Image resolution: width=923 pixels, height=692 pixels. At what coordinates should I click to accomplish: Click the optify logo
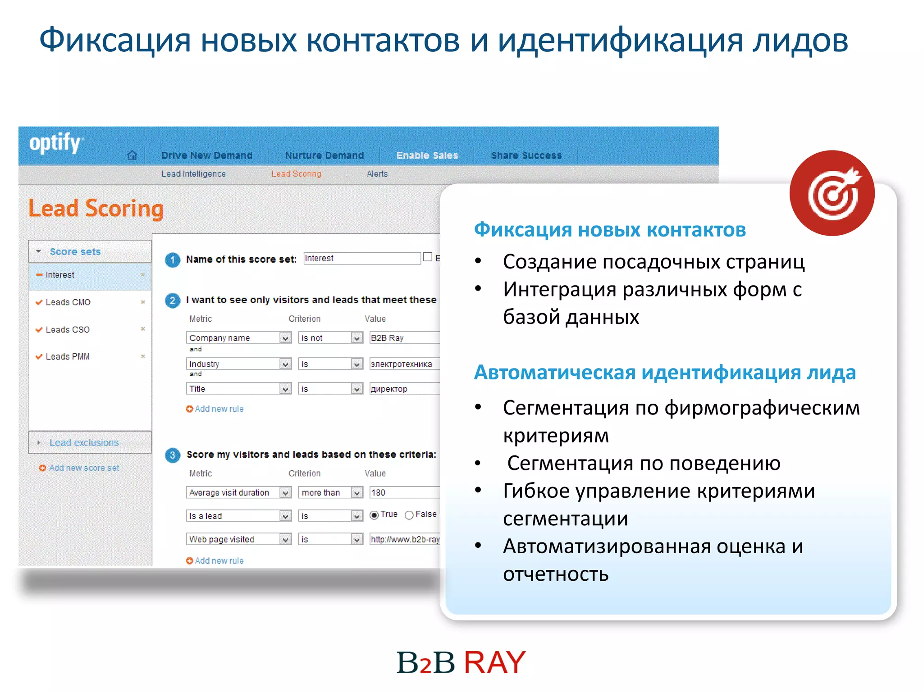point(55,143)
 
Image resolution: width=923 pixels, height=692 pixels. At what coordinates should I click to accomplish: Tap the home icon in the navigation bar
point(132,155)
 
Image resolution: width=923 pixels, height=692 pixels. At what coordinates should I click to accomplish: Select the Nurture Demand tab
point(324,155)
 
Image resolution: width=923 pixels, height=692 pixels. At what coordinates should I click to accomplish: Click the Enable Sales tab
point(427,155)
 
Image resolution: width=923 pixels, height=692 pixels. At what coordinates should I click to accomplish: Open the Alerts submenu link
point(377,174)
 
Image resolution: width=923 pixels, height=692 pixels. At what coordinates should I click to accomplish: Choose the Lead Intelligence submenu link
point(193,174)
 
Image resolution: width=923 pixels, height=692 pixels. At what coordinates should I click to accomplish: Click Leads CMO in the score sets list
point(68,302)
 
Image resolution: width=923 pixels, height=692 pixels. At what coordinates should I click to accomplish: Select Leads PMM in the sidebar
point(68,357)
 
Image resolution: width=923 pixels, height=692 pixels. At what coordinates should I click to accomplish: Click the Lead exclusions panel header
point(84,443)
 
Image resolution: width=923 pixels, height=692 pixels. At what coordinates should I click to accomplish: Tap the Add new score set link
point(84,468)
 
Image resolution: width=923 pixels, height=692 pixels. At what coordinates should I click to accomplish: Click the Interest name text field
point(361,259)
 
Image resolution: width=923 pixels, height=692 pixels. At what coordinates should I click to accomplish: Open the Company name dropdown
point(238,338)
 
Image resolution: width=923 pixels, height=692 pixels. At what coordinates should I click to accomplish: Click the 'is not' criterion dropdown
point(330,338)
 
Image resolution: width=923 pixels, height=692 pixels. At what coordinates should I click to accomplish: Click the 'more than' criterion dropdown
point(330,493)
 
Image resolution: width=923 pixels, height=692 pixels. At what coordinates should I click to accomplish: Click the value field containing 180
point(403,493)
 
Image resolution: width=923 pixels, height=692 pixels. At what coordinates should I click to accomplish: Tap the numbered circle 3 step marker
point(172,455)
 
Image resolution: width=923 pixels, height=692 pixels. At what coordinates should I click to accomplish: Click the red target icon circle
point(832,193)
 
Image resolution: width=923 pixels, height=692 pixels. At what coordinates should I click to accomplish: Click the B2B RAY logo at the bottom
point(461,663)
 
